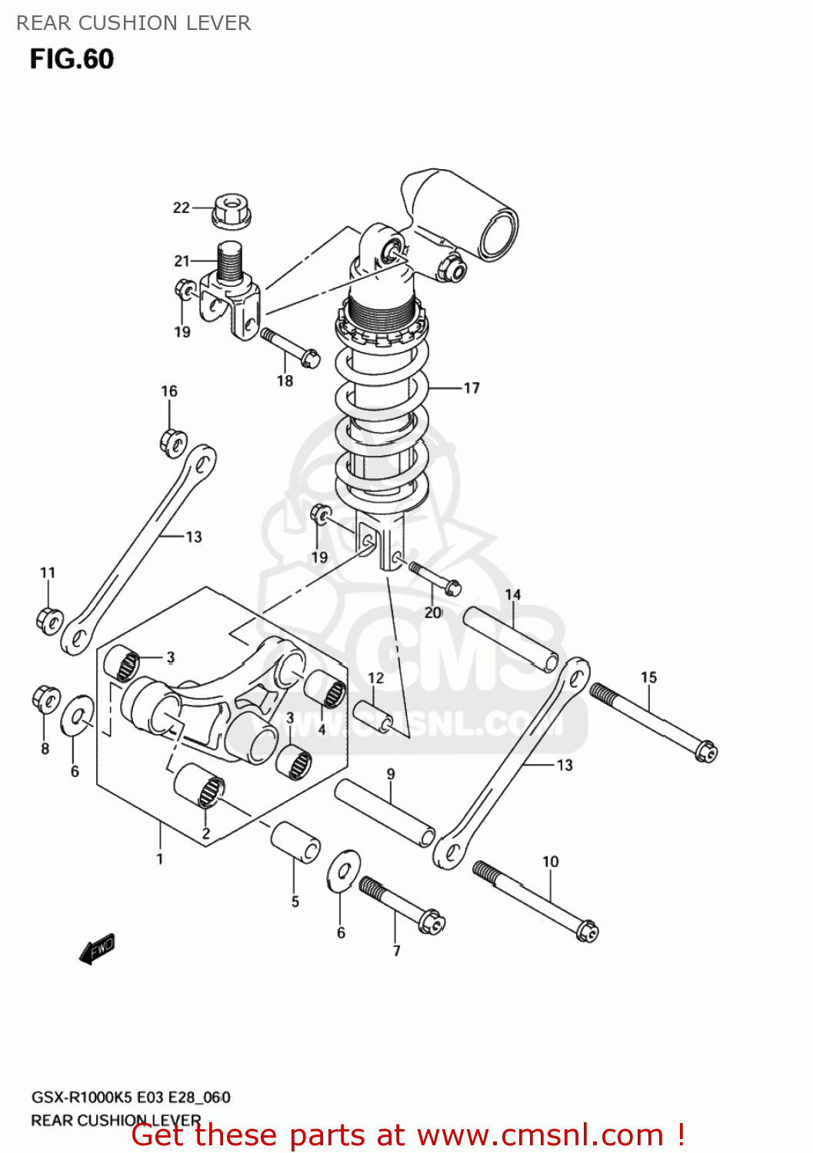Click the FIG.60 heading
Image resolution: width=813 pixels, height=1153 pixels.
click(72, 59)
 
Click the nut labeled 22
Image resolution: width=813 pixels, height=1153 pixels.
click(232, 211)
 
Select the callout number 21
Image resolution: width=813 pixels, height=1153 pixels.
click(182, 261)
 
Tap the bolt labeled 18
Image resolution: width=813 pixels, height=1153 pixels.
click(290, 347)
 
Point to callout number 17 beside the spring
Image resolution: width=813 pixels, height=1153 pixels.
click(471, 388)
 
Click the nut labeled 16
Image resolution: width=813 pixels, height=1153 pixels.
click(173, 442)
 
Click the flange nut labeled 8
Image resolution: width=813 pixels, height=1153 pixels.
click(46, 699)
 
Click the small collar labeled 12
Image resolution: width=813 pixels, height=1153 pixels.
click(373, 715)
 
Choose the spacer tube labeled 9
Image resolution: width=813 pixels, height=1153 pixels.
click(385, 812)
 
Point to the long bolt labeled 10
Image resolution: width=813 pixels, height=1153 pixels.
click(535, 900)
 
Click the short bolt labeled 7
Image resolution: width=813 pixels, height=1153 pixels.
click(402, 906)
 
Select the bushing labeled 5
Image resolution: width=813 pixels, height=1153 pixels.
click(295, 842)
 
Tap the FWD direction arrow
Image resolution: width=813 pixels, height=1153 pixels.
click(97, 949)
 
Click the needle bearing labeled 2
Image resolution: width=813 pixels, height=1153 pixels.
click(199, 786)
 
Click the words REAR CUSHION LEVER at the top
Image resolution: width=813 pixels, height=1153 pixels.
click(134, 23)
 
